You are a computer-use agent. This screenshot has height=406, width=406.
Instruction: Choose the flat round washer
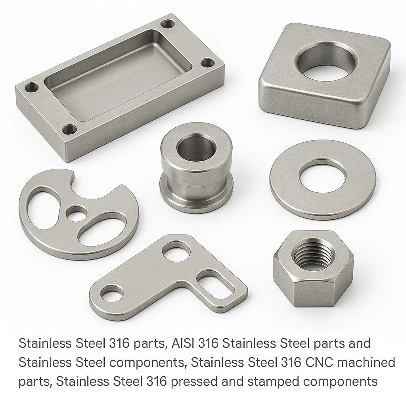coord(322,198)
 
